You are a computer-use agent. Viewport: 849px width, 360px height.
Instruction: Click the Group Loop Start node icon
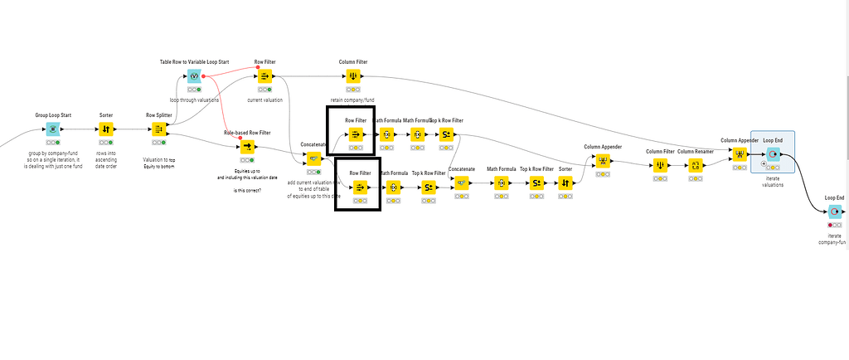tap(52, 129)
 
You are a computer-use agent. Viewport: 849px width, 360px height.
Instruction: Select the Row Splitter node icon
tap(158, 129)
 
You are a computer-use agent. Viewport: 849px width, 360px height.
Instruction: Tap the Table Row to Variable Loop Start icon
tap(194, 76)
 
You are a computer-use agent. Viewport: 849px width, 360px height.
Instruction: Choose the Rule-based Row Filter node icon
tap(247, 147)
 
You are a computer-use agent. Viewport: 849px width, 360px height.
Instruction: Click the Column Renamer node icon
tap(696, 165)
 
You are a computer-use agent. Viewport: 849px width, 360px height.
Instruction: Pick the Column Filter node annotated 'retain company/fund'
tap(353, 76)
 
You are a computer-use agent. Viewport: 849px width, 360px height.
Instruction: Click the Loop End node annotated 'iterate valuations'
tap(773, 154)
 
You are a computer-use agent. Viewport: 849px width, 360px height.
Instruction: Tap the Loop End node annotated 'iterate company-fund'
tap(834, 212)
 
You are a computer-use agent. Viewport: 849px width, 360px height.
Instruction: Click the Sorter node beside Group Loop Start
tap(105, 129)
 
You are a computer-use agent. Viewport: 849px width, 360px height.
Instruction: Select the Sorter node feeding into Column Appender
tap(565, 182)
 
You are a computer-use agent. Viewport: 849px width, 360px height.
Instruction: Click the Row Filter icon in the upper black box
tap(354, 134)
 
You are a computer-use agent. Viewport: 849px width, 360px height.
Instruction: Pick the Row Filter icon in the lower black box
tap(360, 187)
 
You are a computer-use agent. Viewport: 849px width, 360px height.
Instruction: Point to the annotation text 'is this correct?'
tap(247, 191)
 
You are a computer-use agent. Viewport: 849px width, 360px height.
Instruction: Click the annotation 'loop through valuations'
tap(194, 99)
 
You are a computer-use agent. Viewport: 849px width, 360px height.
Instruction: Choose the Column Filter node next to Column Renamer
tap(659, 165)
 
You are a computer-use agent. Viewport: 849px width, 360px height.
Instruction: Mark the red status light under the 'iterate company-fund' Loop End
tap(829, 225)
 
